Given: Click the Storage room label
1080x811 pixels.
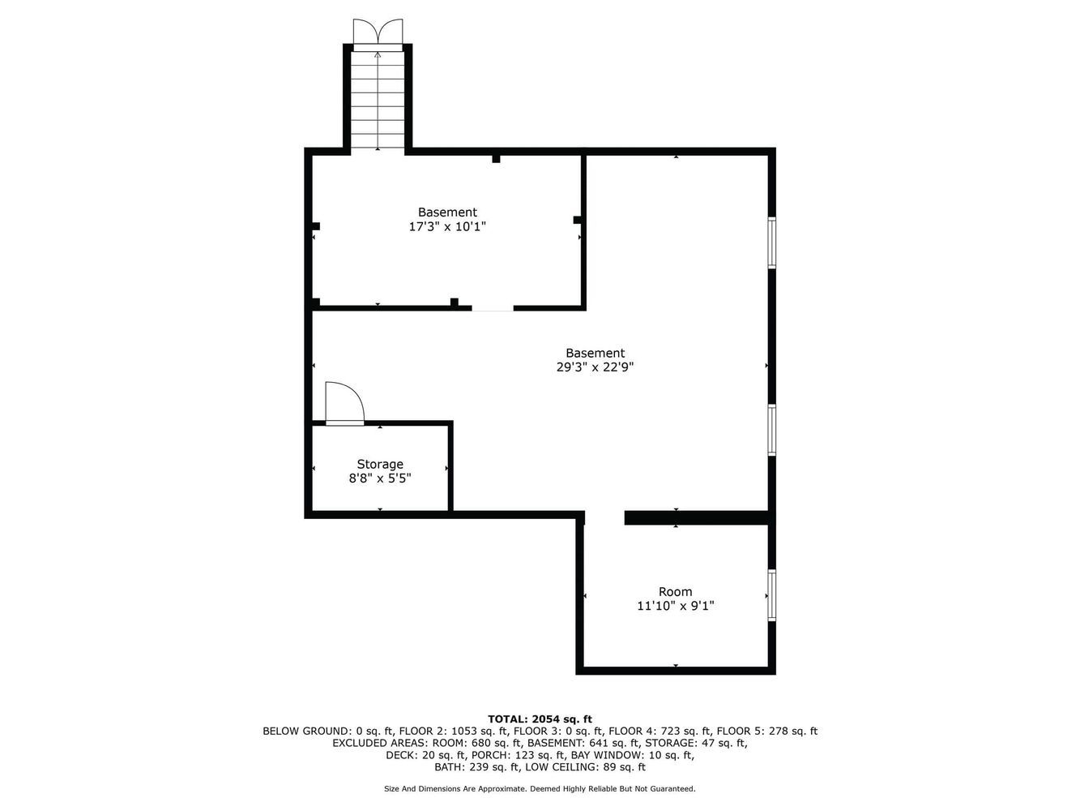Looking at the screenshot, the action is click(380, 465).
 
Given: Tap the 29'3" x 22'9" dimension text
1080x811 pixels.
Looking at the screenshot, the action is click(595, 367).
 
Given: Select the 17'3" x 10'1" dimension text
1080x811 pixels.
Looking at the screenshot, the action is click(447, 226).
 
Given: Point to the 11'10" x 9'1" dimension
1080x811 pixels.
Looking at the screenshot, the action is click(676, 606).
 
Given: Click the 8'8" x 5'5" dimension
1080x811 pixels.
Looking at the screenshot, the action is click(380, 478).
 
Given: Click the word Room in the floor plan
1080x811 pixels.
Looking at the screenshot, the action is click(676, 591).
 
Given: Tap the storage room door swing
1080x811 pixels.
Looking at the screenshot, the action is click(345, 403).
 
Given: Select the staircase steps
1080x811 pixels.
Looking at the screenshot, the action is click(378, 100).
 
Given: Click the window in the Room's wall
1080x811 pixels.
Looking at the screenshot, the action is click(772, 594).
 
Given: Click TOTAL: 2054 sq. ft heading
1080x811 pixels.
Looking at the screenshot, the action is click(540, 719).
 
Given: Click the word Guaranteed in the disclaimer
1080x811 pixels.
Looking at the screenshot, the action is click(672, 789).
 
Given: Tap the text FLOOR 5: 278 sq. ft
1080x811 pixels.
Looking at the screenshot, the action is click(767, 732).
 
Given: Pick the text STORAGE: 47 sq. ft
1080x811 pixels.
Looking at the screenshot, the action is click(696, 743).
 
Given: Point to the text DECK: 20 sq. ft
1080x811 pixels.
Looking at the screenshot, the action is click(425, 755).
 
